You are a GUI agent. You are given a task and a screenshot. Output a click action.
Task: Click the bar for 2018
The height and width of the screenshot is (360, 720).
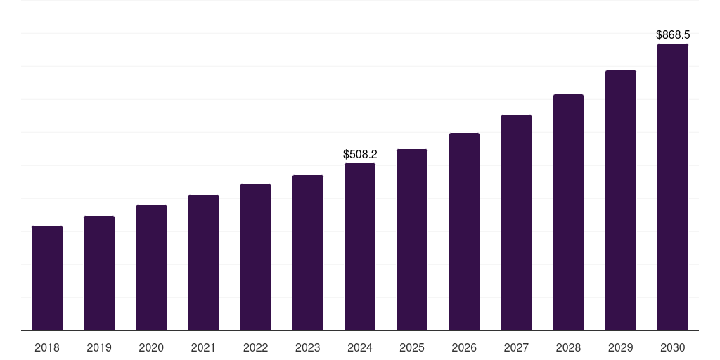[x=47, y=278]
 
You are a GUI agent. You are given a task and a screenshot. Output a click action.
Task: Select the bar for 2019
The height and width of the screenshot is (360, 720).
[x=99, y=273]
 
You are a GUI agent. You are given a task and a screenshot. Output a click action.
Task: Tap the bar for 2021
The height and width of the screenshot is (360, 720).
[x=203, y=262]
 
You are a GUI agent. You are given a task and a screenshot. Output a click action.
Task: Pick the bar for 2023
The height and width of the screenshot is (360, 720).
[x=308, y=252]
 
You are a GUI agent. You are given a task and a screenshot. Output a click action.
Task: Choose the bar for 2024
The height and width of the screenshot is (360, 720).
[x=360, y=247]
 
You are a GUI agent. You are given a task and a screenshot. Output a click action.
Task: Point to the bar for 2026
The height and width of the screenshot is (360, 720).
[x=464, y=231]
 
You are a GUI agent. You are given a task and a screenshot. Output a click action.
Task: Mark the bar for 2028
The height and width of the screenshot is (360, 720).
[x=568, y=212]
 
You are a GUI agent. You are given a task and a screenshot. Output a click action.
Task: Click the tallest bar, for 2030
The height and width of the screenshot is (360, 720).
[x=673, y=187]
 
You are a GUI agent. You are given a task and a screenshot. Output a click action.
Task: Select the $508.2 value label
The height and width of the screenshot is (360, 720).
[x=360, y=154]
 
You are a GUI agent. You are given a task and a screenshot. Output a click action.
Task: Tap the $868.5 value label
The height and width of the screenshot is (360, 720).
[x=673, y=34]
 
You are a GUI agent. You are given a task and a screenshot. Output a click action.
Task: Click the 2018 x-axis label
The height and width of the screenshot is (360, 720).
[x=47, y=347]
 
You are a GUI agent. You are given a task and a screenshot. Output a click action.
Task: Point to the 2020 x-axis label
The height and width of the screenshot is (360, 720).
[x=151, y=347]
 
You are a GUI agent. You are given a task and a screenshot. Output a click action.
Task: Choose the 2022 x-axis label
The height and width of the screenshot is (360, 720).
[x=256, y=347]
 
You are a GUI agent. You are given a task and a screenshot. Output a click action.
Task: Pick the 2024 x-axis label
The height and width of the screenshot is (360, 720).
[x=360, y=347]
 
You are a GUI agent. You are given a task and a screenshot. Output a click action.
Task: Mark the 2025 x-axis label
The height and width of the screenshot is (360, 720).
[x=412, y=347]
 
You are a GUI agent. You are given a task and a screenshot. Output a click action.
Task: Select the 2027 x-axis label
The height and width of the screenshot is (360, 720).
[x=516, y=347]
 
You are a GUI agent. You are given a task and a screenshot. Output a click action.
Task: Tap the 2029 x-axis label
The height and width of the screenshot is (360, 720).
[x=621, y=347]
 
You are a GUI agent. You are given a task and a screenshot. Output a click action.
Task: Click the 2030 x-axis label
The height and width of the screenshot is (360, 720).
[x=673, y=347]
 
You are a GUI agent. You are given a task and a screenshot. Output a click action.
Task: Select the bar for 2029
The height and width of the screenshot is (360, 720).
[x=621, y=200]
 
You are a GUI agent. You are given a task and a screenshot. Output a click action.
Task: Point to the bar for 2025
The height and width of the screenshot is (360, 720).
[x=412, y=240]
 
